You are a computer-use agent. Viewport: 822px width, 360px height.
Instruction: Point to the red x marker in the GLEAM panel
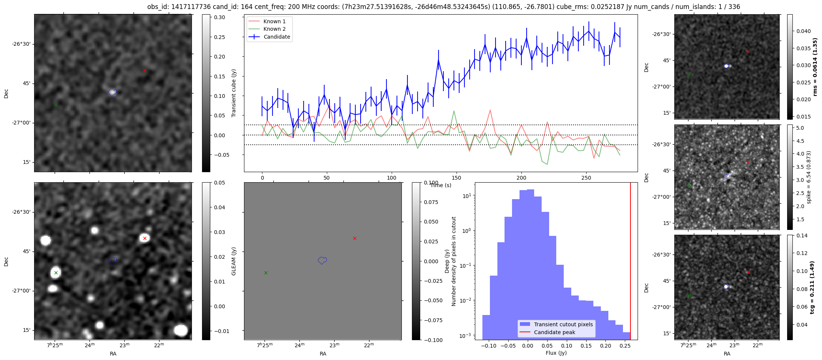(x=355, y=238)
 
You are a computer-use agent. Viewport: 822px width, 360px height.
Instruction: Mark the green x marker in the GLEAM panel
(x=266, y=273)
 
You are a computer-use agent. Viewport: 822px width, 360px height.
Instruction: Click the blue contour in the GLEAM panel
(x=322, y=260)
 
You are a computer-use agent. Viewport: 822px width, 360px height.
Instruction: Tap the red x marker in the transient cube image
(x=145, y=70)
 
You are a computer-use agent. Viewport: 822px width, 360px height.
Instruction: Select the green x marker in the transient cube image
(x=56, y=105)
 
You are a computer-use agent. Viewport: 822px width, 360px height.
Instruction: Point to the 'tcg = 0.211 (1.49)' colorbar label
(x=812, y=287)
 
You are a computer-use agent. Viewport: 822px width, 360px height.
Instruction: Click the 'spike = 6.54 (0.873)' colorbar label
(x=809, y=177)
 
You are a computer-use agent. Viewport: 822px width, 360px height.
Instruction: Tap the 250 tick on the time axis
(x=586, y=178)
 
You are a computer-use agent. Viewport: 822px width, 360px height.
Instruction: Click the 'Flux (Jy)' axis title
(x=556, y=353)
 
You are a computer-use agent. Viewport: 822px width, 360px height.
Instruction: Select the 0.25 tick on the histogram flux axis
(x=625, y=346)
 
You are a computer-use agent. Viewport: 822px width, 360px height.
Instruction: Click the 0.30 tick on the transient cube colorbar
(x=220, y=17)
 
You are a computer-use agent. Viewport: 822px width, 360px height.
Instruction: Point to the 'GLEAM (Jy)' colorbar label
(x=234, y=261)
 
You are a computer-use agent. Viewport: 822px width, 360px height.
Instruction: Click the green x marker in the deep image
(x=56, y=273)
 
